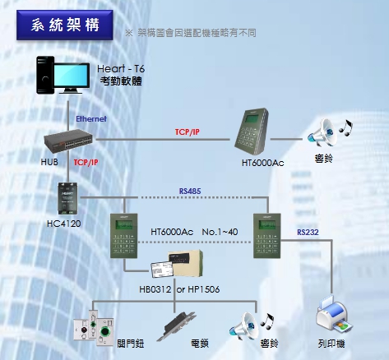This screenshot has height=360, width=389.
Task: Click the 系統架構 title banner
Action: (65, 25)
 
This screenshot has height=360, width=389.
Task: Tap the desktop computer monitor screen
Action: (72, 76)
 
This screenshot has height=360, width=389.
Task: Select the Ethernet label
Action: (91, 119)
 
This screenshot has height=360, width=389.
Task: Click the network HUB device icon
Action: (68, 141)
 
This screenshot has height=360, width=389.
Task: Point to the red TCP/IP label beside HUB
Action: (86, 163)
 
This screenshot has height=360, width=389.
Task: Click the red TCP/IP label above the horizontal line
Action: (188, 132)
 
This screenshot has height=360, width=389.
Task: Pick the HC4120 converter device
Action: (67, 199)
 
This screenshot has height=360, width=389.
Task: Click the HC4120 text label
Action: (64, 224)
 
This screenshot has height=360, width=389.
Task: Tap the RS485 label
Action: (190, 191)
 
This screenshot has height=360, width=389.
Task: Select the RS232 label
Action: (308, 233)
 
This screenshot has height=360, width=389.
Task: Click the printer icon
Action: (334, 315)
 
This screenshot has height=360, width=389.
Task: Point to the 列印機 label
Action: (331, 344)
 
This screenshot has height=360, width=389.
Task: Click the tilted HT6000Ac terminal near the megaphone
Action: (252, 132)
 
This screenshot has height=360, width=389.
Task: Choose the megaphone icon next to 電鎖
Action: (244, 326)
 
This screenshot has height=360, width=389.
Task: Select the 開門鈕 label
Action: (131, 344)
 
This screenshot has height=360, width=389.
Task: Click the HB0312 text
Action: (155, 289)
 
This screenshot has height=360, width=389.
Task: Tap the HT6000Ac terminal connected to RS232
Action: (267, 236)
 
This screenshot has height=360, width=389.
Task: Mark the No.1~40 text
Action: (220, 232)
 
